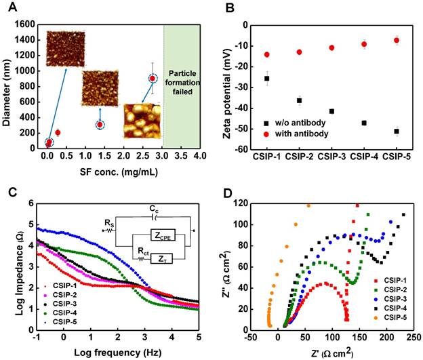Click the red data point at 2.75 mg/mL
tap(153, 78)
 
